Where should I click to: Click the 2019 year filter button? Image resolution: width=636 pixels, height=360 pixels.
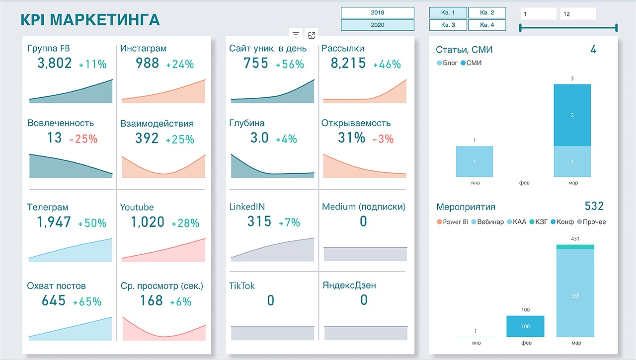377,13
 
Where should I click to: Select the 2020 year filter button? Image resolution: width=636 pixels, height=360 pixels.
377,25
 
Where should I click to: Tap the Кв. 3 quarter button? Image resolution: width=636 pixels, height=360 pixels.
448,25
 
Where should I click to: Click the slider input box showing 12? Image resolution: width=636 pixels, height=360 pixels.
578,14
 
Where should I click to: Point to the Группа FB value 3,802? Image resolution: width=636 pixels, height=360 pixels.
55,63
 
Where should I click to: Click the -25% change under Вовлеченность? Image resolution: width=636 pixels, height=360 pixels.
83,139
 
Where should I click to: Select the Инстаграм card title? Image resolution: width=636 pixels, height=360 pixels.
143,49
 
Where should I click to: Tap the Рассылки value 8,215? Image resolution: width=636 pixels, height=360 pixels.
343,63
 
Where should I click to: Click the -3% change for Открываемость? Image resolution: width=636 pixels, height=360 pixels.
383,139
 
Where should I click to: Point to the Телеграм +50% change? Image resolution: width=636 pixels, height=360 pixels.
92,223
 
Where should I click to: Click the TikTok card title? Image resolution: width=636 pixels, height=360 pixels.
242,286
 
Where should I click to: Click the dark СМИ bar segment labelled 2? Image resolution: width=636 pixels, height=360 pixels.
572,115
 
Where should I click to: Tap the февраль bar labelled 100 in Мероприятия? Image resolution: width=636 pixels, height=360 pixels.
525,326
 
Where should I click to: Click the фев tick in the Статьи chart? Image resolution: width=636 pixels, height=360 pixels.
524,183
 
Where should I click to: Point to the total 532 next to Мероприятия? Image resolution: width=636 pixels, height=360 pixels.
594,206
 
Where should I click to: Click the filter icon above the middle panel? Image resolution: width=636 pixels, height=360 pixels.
296,35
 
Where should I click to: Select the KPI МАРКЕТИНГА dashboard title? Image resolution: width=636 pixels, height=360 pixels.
90,20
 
